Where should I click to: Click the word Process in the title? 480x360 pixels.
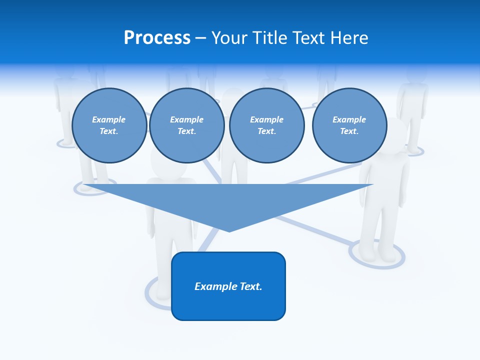click(157, 38)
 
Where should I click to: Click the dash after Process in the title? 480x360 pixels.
click(200, 38)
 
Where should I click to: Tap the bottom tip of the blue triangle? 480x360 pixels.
click(229, 230)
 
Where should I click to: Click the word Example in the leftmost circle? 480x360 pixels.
click(108, 119)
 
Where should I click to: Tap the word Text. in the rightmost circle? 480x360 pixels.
click(349, 131)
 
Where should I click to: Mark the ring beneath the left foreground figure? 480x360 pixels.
click(95, 189)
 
